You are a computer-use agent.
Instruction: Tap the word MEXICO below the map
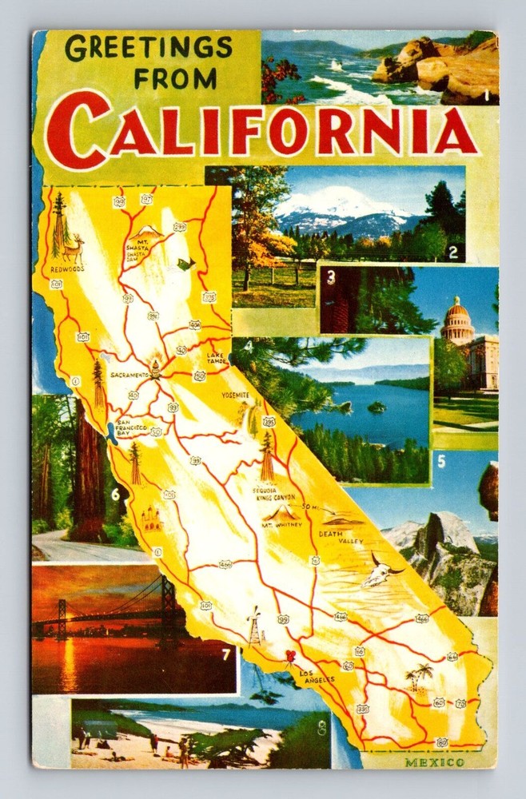point(434,762)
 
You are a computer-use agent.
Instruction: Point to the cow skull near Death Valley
point(382,571)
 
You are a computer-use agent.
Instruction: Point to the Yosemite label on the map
point(235,395)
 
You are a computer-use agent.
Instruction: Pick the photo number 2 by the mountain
point(453,254)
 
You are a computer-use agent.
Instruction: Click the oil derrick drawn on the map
point(255,626)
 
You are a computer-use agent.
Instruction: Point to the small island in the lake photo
point(376,407)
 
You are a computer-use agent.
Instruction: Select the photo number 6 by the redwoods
point(115,495)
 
